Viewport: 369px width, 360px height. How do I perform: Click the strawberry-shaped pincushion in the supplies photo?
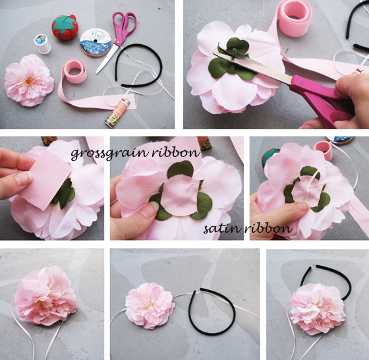click(65, 27)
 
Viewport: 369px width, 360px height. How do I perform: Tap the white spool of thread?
click(43, 44)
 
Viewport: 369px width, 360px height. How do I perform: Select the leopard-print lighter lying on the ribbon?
click(117, 113)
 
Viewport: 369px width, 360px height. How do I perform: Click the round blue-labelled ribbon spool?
click(96, 43)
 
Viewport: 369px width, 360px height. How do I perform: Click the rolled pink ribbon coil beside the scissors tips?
click(75, 71)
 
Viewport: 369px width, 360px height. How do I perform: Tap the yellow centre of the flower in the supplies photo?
click(29, 80)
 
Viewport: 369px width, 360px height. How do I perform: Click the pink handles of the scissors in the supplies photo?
click(125, 26)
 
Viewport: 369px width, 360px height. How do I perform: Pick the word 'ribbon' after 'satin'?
click(269, 228)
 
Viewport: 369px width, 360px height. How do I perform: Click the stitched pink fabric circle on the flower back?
click(181, 196)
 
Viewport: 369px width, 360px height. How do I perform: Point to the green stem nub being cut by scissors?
click(233, 52)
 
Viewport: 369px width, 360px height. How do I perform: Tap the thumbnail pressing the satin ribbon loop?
click(302, 206)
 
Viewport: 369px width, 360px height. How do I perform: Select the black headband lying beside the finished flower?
click(212, 311)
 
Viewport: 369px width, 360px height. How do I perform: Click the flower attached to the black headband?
click(318, 309)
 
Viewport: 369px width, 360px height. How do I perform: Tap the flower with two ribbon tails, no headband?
click(45, 296)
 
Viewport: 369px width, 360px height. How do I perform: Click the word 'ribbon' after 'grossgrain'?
click(176, 152)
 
